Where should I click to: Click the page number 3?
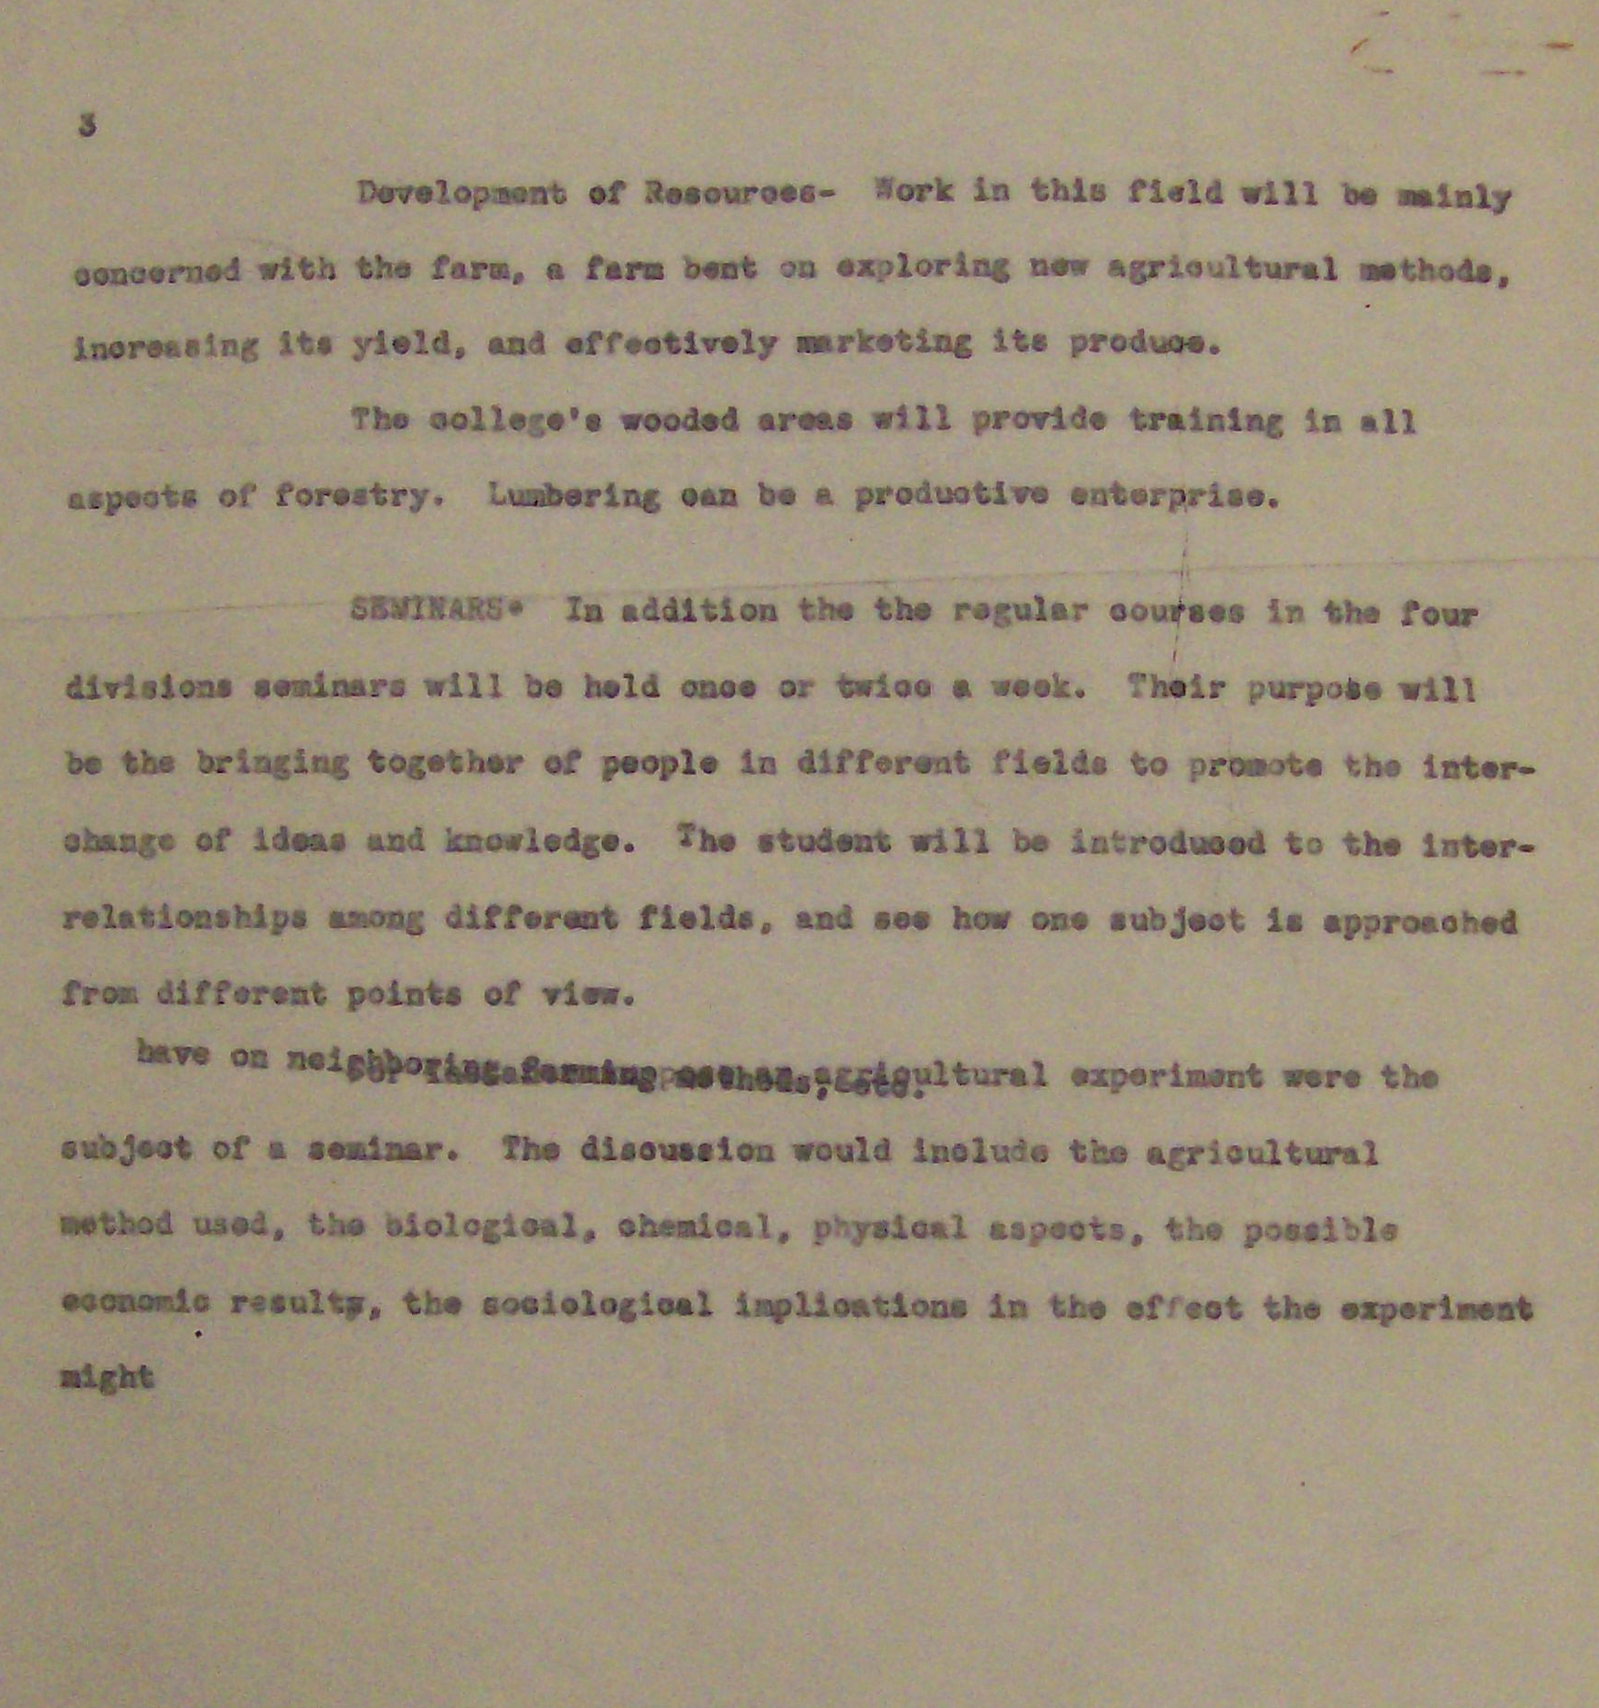click(87, 126)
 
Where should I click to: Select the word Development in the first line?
click(461, 195)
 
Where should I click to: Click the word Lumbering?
click(574, 496)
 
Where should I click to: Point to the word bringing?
click(272, 764)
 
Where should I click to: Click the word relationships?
click(184, 918)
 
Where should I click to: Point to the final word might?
click(107, 1376)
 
